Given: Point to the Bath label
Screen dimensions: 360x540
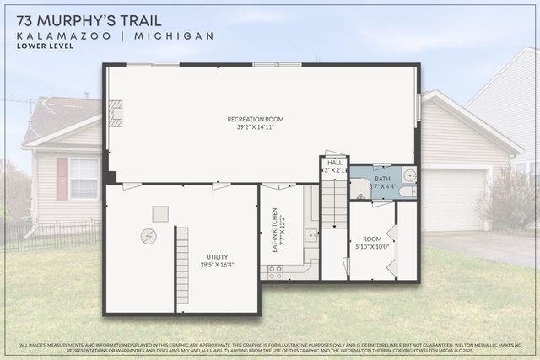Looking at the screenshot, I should [x=382, y=179].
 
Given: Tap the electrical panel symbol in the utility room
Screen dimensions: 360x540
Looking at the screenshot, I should [x=148, y=237].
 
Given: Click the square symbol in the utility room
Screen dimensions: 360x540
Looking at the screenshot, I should [x=159, y=213].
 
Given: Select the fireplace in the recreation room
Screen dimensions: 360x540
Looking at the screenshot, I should [x=116, y=114].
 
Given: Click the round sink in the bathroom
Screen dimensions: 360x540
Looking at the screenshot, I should [x=409, y=176].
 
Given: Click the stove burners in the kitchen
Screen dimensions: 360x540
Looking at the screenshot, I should [x=275, y=271].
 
